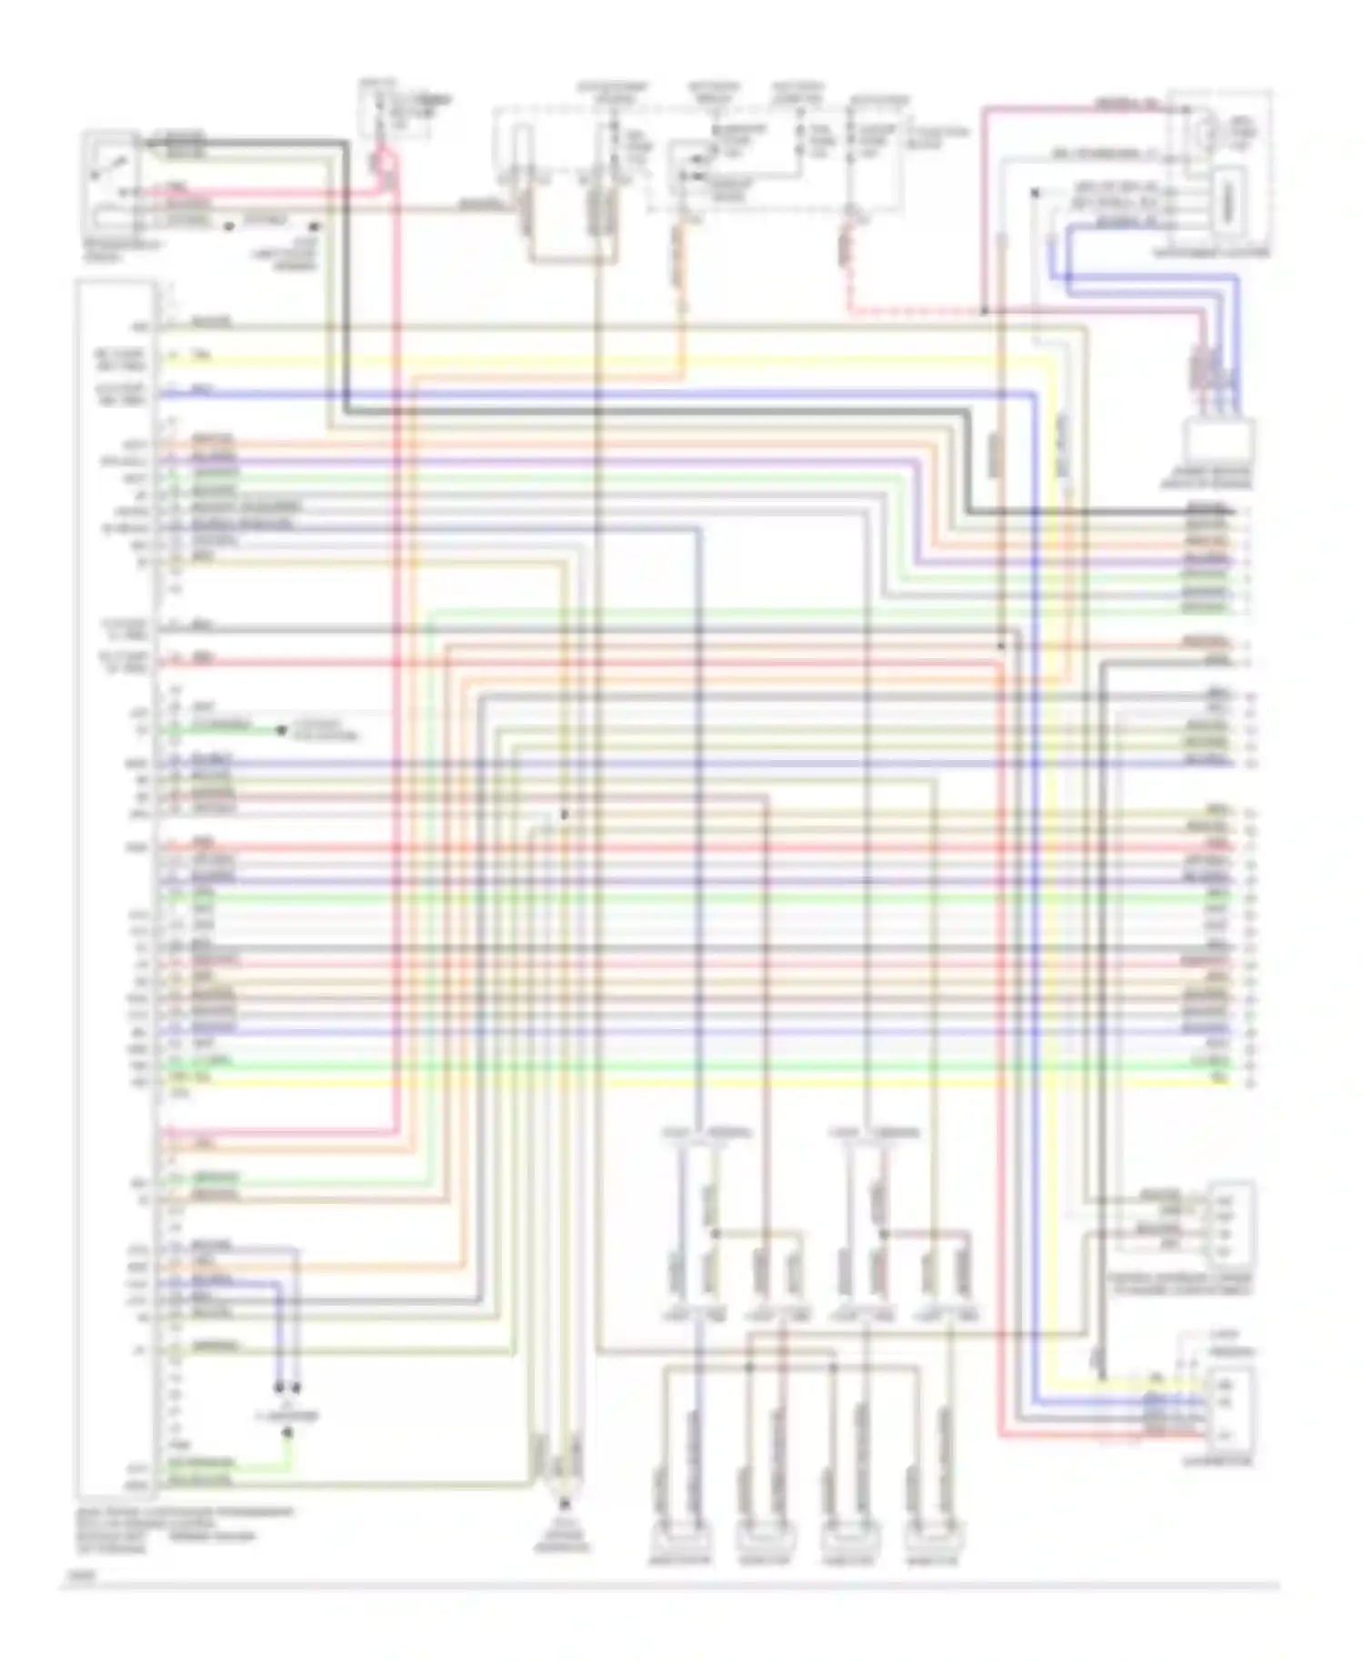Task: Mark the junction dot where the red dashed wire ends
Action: tap(984, 312)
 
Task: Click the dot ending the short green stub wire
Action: tap(282, 729)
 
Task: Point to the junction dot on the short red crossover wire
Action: tap(883, 1234)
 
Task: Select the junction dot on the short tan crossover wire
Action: tap(716, 1234)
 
